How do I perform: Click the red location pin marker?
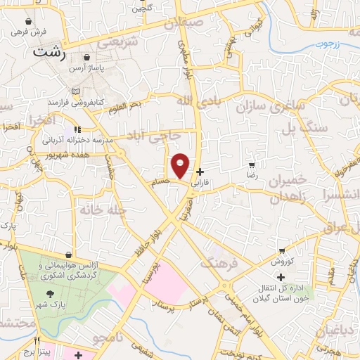(x=181, y=166)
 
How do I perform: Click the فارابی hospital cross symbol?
(x=200, y=172)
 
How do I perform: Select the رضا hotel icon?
(x=252, y=165)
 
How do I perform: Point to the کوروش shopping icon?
(x=281, y=250)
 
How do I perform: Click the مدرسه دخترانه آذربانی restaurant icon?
(x=77, y=129)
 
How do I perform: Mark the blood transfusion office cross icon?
(x=281, y=276)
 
